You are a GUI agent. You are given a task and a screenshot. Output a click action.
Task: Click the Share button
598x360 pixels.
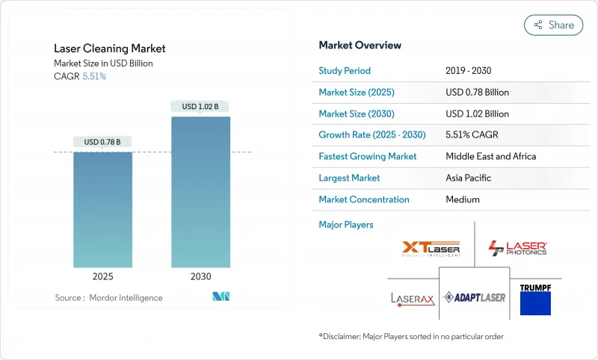click(x=553, y=25)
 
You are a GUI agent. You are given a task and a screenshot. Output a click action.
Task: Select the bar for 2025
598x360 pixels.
click(x=102, y=209)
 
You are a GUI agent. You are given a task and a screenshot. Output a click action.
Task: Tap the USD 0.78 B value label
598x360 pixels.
click(x=102, y=142)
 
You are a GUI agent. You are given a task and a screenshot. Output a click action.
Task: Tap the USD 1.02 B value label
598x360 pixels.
click(x=200, y=107)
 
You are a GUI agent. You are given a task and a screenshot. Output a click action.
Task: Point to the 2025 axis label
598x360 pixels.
click(x=102, y=276)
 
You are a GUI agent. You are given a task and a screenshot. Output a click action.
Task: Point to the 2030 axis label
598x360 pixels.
click(x=200, y=276)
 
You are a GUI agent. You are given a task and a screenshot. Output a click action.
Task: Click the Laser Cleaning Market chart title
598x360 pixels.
click(x=110, y=49)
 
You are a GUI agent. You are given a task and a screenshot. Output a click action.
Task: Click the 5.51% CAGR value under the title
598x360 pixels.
click(x=93, y=77)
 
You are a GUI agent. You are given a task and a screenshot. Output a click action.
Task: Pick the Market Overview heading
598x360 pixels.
click(x=360, y=46)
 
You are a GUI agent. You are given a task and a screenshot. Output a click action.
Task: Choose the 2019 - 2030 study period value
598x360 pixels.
click(x=472, y=71)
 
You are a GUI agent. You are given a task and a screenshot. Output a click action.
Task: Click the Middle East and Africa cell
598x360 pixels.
click(x=491, y=156)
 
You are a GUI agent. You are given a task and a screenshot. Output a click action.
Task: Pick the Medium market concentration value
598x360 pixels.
click(x=463, y=199)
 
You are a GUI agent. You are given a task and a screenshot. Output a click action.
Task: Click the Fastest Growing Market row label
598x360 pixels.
click(x=367, y=156)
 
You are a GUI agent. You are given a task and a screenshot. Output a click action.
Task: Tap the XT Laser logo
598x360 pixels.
click(x=431, y=248)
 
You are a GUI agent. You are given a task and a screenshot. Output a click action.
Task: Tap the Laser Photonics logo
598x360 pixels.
click(x=517, y=248)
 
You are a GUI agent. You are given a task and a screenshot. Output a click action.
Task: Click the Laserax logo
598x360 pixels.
click(x=411, y=298)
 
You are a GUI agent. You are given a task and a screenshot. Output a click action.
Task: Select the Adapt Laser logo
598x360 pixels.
click(x=475, y=297)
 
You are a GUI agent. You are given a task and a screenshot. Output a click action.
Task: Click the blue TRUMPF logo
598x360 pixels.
click(x=535, y=297)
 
